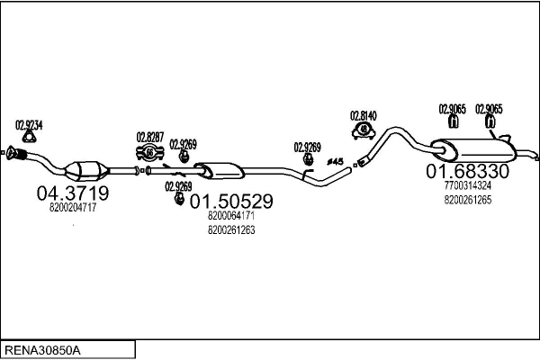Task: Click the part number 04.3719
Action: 73,193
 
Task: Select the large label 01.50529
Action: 231,202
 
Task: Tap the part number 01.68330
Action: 467,171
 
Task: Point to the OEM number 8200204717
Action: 73,207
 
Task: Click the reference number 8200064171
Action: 231,216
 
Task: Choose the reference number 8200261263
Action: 231,230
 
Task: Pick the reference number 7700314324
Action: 468,185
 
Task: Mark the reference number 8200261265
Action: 468,200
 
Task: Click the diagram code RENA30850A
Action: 42,350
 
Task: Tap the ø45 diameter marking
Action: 335,161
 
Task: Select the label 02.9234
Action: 29,125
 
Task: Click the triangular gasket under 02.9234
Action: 29,138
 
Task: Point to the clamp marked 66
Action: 149,153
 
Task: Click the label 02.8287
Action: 150,137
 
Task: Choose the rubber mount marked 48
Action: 364,130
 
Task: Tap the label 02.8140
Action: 364,116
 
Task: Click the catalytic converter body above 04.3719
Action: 86,170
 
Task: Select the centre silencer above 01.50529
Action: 220,170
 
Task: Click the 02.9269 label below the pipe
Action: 178,186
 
